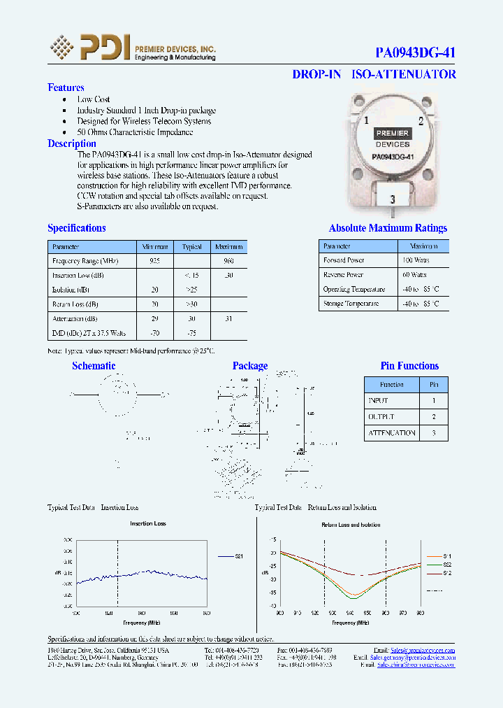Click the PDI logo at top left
click(x=89, y=48)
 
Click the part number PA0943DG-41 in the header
click(x=415, y=52)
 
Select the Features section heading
click(x=66, y=87)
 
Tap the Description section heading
click(x=71, y=143)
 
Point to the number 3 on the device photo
click(x=393, y=200)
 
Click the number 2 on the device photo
click(x=421, y=121)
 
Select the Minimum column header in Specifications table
click(x=155, y=247)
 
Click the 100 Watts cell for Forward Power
click(x=416, y=260)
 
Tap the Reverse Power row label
click(x=344, y=275)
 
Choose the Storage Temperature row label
click(x=351, y=304)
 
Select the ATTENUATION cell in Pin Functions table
click(x=391, y=433)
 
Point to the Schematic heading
click(x=94, y=366)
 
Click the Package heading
click(x=249, y=366)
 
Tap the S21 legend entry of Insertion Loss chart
click(x=238, y=556)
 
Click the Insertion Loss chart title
click(x=147, y=523)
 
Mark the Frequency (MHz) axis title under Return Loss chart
click(x=349, y=622)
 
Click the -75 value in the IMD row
click(x=191, y=333)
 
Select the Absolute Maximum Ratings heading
click(x=388, y=228)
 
